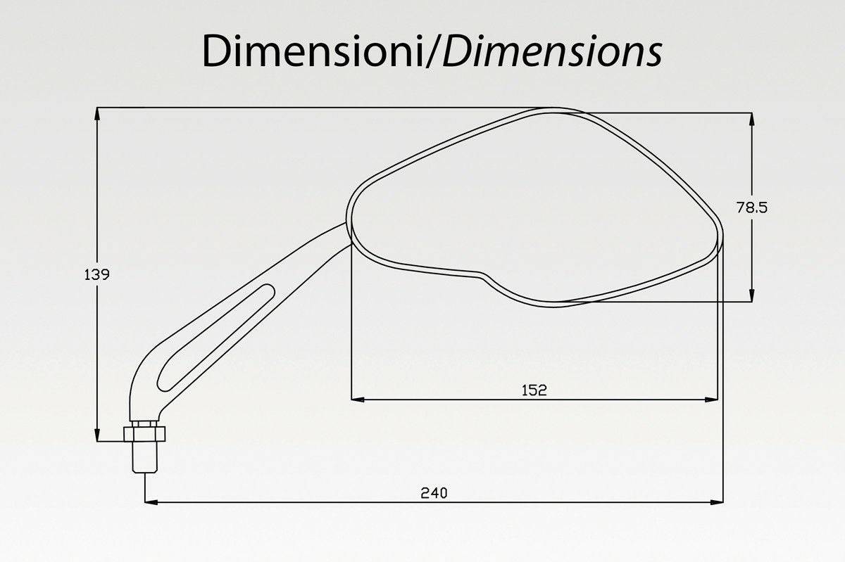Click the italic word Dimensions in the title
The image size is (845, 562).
(552, 51)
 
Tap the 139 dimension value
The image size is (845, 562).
(96, 275)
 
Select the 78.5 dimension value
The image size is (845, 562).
(752, 207)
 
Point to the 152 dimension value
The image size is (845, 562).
(534, 390)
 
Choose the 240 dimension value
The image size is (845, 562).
(434, 493)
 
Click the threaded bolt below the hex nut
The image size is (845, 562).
(144, 457)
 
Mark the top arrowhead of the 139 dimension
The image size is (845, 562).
(97, 114)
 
